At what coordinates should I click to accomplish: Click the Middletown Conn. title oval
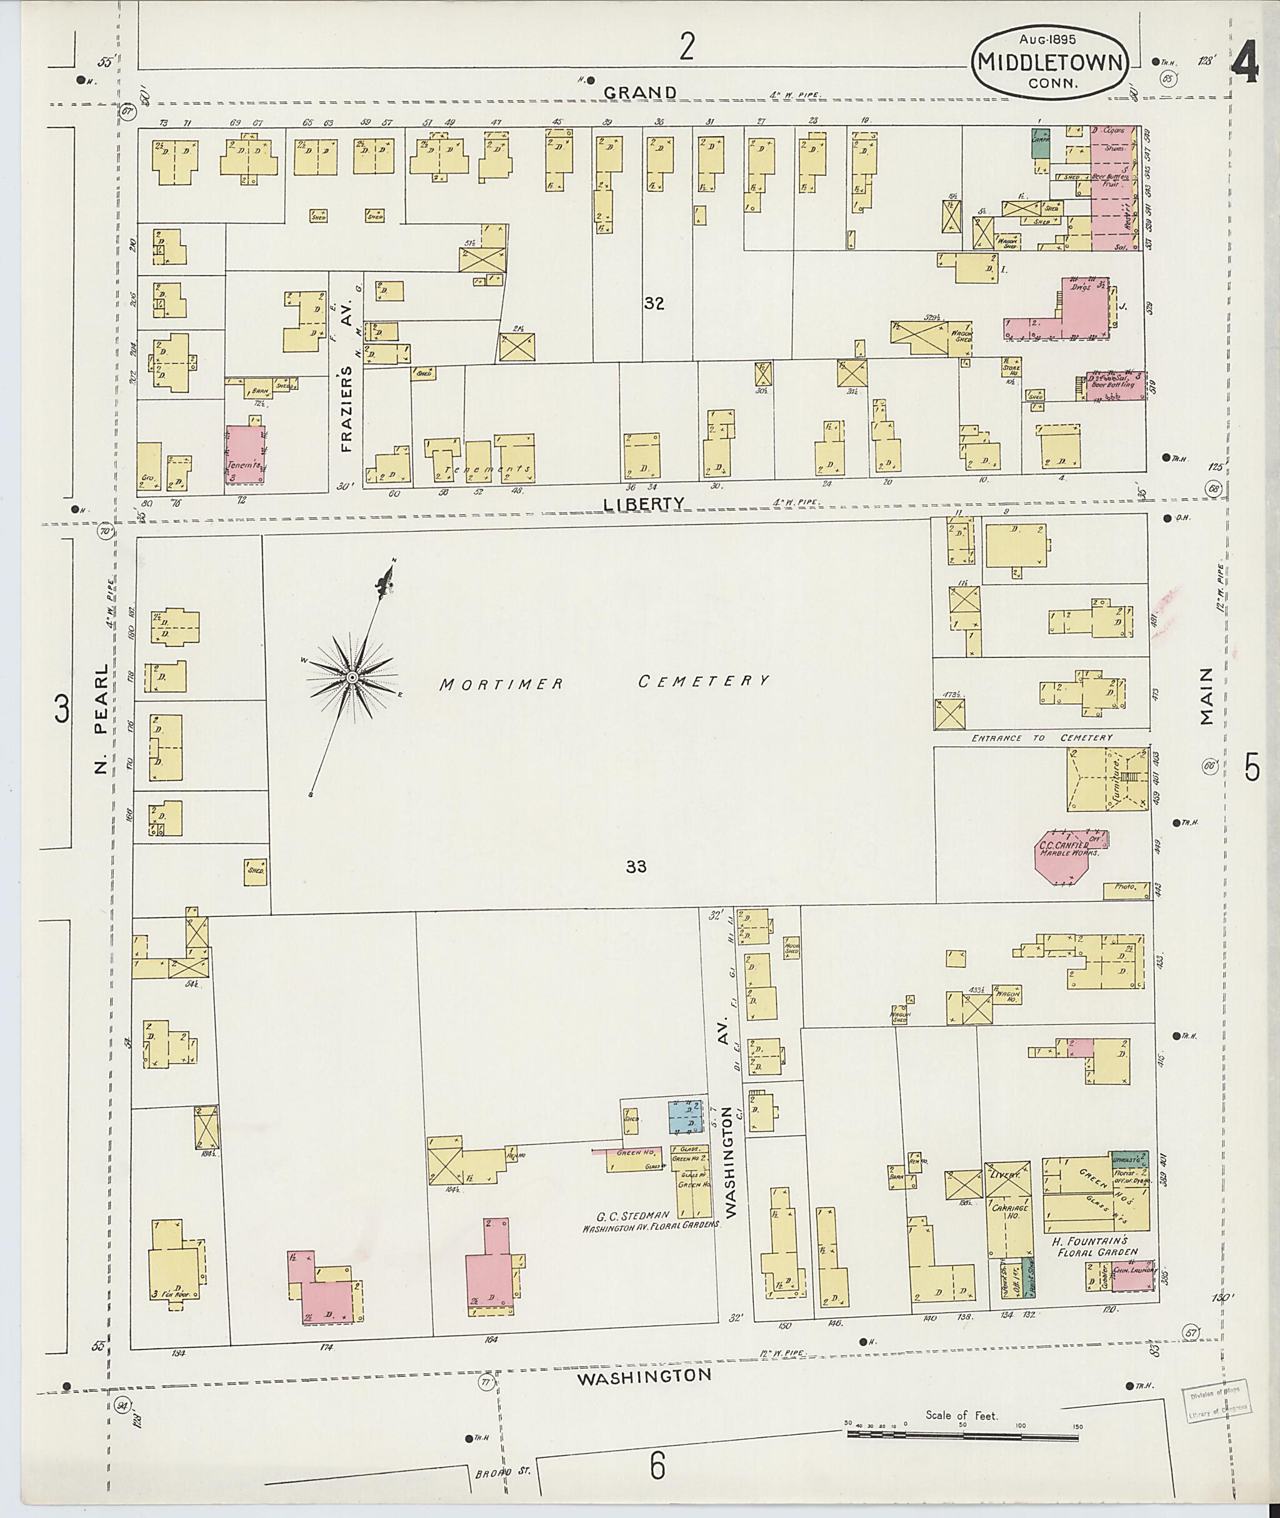1049,61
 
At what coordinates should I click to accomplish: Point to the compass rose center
351,677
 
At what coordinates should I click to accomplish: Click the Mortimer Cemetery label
604,681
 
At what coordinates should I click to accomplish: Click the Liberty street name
644,502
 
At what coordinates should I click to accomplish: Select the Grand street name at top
640,92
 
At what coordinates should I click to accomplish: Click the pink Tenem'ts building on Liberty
245,454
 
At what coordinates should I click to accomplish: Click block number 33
636,866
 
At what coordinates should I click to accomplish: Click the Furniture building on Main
1107,781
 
